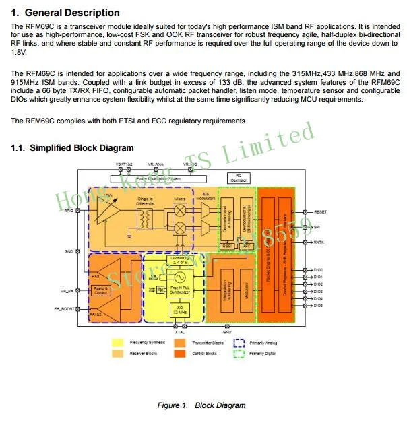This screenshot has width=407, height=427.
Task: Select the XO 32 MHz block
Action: pyautogui.click(x=180, y=310)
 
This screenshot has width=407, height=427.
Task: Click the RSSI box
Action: pyautogui.click(x=227, y=246)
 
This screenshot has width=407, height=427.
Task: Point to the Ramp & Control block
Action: pyautogui.click(x=100, y=290)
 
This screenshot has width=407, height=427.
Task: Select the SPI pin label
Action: pyautogui.click(x=317, y=227)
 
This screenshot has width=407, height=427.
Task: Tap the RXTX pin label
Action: pyautogui.click(x=319, y=242)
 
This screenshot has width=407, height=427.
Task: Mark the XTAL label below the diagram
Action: pyautogui.click(x=180, y=332)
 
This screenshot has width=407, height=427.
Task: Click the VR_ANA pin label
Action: pyautogui.click(x=155, y=164)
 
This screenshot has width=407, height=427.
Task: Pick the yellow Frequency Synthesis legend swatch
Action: pyautogui.click(x=117, y=343)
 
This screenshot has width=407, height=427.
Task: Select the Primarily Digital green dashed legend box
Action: pyautogui.click(x=239, y=354)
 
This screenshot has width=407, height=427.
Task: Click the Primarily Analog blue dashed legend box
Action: pyautogui.click(x=239, y=343)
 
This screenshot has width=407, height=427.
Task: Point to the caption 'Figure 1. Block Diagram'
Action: pyautogui.click(x=201, y=405)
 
